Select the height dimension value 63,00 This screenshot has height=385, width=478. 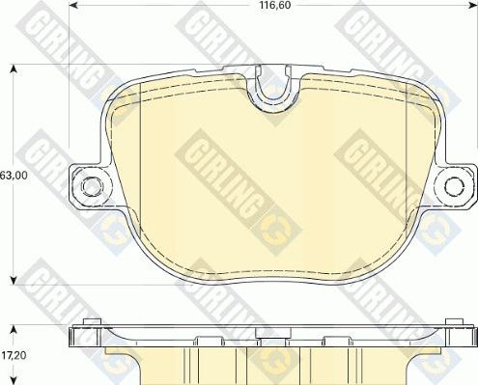13,176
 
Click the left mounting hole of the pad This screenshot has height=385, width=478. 91,184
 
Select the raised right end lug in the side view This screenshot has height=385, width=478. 452,325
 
